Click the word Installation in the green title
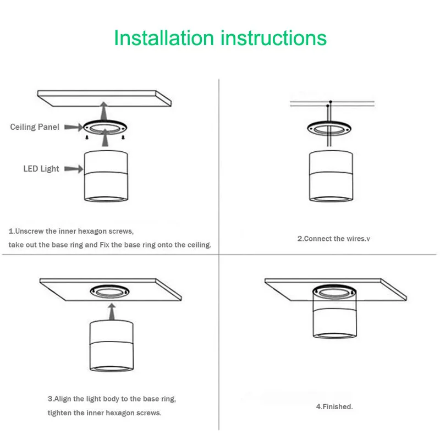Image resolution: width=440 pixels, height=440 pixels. [164, 38]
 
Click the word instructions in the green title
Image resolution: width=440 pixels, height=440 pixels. [273, 38]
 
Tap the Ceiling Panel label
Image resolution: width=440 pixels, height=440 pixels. [35, 127]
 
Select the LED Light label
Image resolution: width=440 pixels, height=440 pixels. [41, 169]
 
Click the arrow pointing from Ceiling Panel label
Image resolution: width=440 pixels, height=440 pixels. [74, 128]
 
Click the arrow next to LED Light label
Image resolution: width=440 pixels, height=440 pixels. [74, 169]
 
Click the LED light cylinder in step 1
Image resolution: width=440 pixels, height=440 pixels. [106, 176]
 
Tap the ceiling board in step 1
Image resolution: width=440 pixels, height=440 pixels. [105, 98]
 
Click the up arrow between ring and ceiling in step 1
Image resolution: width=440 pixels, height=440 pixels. [104, 111]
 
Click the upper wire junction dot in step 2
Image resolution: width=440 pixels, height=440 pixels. [331, 102]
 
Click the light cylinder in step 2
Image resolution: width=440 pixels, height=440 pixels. [331, 176]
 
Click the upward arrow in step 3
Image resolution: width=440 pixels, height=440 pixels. [112, 311]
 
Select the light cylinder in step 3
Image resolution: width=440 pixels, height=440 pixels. [112, 346]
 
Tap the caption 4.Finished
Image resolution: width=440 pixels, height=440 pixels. [334, 406]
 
